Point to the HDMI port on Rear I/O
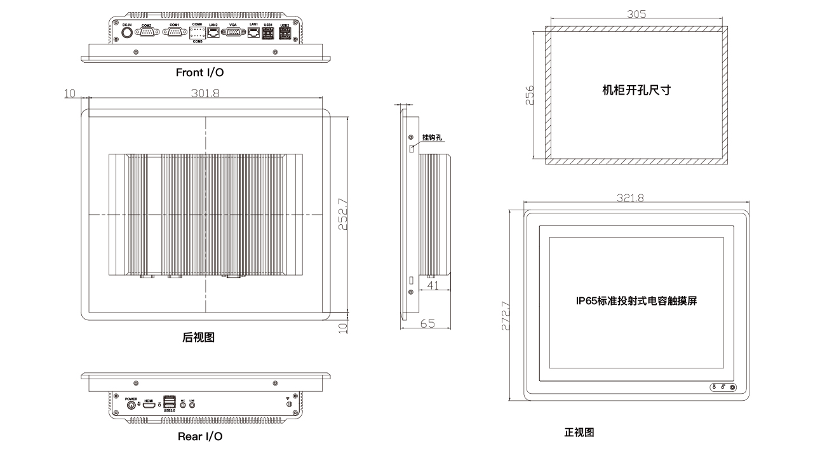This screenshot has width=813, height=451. coord(149,405)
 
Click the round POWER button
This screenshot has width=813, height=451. coord(132,405)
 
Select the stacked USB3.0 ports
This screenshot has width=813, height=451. coord(170,402)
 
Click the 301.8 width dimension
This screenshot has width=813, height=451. coord(205,93)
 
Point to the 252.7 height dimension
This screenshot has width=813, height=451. coord(342,215)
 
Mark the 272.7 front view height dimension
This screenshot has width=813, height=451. coord(506,309)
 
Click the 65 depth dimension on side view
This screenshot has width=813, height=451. coord(427,323)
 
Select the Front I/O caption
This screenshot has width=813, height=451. coord(199,73)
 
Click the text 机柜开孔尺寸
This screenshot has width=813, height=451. coord(636,90)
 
